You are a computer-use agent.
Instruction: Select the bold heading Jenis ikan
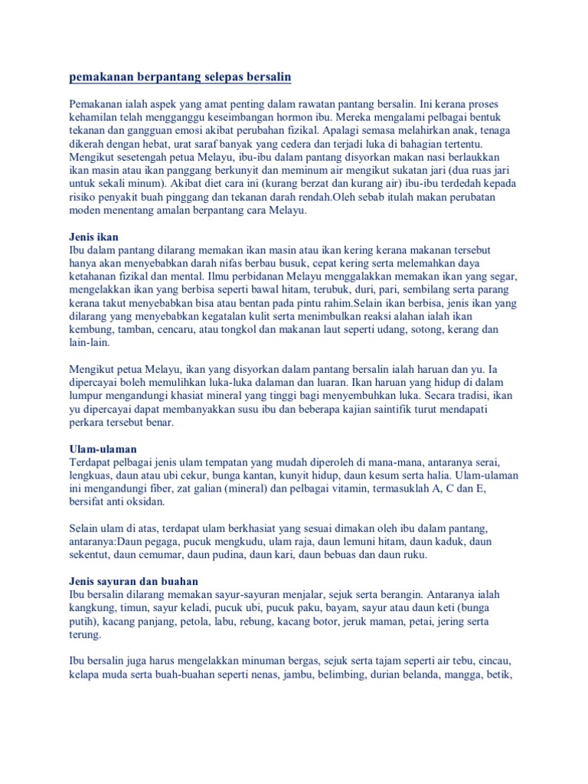click(94, 237)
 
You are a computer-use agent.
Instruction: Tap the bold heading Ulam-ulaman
click(103, 448)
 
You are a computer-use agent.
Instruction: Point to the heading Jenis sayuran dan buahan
click(134, 582)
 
